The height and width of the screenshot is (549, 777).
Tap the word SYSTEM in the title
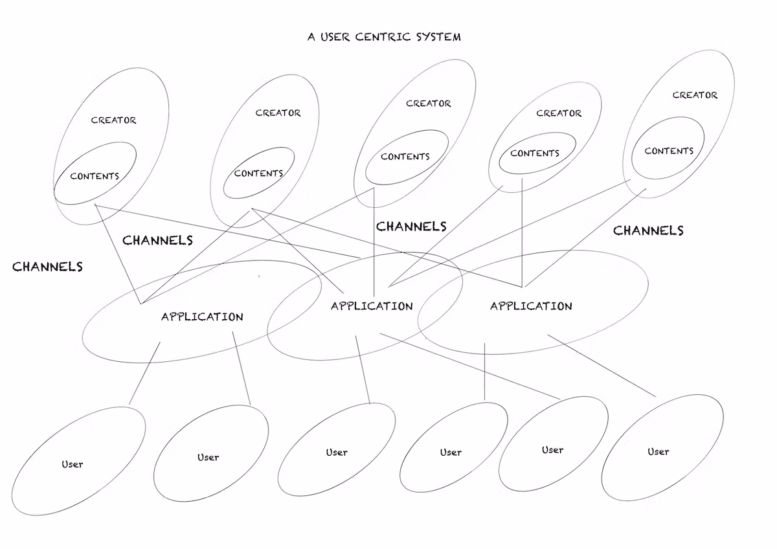pos(438,36)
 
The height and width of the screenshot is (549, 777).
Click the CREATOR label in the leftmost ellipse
pos(113,120)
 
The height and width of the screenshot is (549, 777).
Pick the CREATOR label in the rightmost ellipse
pos(695,95)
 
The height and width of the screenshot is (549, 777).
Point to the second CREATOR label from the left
pos(278,113)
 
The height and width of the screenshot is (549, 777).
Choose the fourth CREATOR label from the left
pos(559,113)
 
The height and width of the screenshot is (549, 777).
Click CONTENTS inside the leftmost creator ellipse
pos(95,175)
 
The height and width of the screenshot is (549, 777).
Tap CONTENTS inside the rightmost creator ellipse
pos(669,151)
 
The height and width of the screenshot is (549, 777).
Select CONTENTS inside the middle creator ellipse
pos(405,157)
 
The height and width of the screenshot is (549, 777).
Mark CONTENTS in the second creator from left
pos(258,173)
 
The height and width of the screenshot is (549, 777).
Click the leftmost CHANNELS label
pos(47,266)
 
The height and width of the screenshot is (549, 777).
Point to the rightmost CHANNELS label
pos(648,230)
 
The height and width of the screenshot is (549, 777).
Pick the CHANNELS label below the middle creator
pos(411,226)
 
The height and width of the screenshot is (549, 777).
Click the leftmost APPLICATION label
pos(202,317)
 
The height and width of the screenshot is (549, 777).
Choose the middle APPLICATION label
pos(372,306)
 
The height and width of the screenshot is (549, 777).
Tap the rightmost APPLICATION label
pos(531,306)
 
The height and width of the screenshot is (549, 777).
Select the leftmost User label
pos(73,464)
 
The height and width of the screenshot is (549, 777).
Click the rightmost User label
pos(658,451)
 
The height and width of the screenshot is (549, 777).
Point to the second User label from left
pos(208,457)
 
